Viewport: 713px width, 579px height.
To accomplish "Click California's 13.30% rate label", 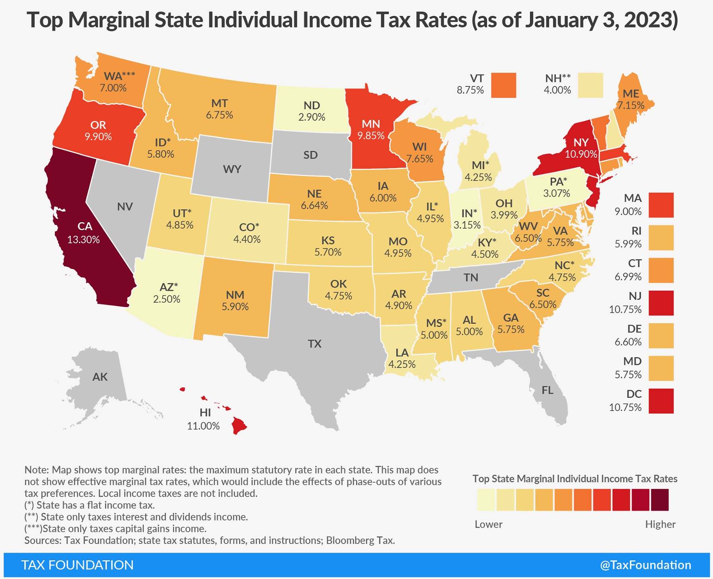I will (x=83, y=240).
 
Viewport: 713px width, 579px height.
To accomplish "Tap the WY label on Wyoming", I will (x=232, y=169).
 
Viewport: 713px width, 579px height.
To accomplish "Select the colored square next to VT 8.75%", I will (x=503, y=85).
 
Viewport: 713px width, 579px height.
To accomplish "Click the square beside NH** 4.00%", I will (x=590, y=85).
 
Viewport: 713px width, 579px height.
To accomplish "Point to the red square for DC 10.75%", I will (x=661, y=401).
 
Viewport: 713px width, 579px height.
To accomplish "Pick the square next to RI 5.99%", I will (x=661, y=238).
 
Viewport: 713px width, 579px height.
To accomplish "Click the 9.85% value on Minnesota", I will (x=371, y=136).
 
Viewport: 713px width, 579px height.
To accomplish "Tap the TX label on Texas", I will (x=314, y=344).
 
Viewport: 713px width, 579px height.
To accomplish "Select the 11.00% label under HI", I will (x=203, y=426).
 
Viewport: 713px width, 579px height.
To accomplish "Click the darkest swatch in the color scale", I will (x=660, y=500).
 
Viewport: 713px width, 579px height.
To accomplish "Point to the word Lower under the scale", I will (x=488, y=524).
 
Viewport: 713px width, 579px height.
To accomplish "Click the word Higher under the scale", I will (x=660, y=524).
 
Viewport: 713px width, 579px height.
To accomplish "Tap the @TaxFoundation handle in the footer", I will (x=645, y=565).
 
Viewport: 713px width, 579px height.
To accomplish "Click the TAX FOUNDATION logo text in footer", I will (x=77, y=565).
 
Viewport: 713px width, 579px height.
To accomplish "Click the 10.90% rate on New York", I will (x=581, y=154).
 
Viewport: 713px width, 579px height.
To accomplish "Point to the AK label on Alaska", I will (x=100, y=377).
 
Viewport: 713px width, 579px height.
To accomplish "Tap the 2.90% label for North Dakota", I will (x=312, y=117).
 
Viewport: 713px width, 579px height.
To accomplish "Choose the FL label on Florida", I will (x=547, y=390).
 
